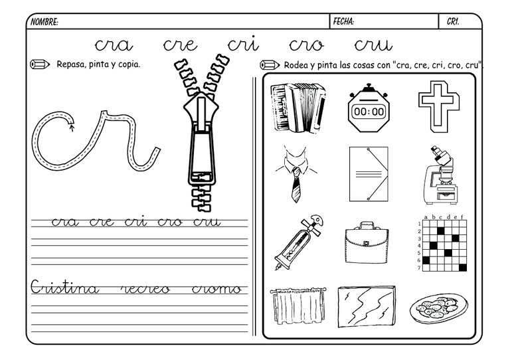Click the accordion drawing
click(298, 108)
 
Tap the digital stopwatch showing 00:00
click(369, 108)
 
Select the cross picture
click(439, 107)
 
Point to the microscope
click(438, 175)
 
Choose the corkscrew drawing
click(299, 242)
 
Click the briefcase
click(367, 242)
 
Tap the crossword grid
click(442, 243)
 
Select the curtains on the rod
click(297, 306)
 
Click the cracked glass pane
click(367, 306)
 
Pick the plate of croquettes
click(438, 308)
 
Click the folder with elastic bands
click(369, 174)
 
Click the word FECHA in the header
click(343, 22)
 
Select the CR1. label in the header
click(453, 22)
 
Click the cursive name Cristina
click(64, 287)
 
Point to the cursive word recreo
click(145, 289)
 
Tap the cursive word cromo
click(216, 289)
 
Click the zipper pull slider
click(201, 139)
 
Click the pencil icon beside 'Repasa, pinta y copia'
click(40, 64)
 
